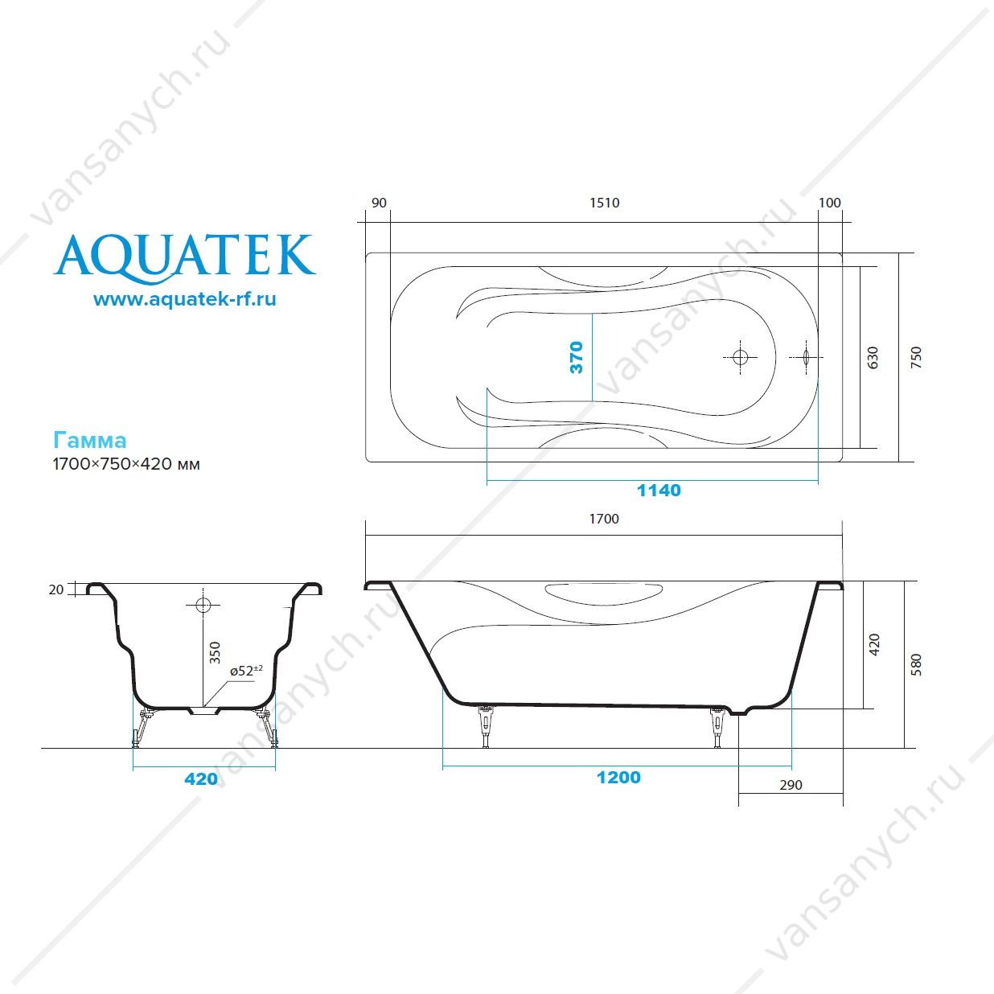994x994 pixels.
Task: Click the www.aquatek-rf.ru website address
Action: point(185,299)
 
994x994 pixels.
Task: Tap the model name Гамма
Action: point(90,441)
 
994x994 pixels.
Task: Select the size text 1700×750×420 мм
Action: point(126,464)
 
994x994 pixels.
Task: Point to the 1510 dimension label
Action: point(605,203)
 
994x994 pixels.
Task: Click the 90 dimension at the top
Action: point(379,203)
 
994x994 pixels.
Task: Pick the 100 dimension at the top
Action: point(829,203)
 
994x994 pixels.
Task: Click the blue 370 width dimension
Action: point(576,357)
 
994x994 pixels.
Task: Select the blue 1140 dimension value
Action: point(659,490)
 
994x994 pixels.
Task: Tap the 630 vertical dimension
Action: point(873,357)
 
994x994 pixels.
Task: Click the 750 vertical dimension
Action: point(916,357)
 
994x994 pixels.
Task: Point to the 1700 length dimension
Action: point(604,519)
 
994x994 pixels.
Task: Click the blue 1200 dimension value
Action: point(618,778)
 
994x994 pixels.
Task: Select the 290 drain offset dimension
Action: point(791,785)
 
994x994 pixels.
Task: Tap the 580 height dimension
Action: point(916,665)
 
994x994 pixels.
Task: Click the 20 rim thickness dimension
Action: point(56,589)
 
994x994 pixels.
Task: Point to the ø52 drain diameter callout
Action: point(246,671)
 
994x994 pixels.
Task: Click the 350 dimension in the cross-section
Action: point(215,652)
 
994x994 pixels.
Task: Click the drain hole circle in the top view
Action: point(740,357)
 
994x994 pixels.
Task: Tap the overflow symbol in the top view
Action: point(807,357)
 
